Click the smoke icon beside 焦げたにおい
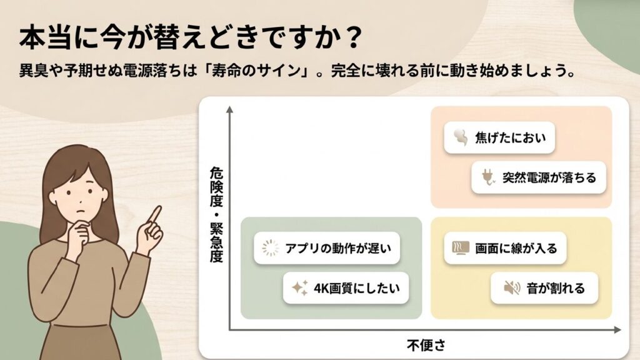click(x=459, y=137)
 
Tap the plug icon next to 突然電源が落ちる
click(x=487, y=178)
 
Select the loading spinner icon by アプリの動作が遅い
click(x=270, y=249)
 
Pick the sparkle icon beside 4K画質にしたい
click(x=300, y=288)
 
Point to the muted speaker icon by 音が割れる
click(x=512, y=288)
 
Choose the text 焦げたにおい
click(x=506, y=137)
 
